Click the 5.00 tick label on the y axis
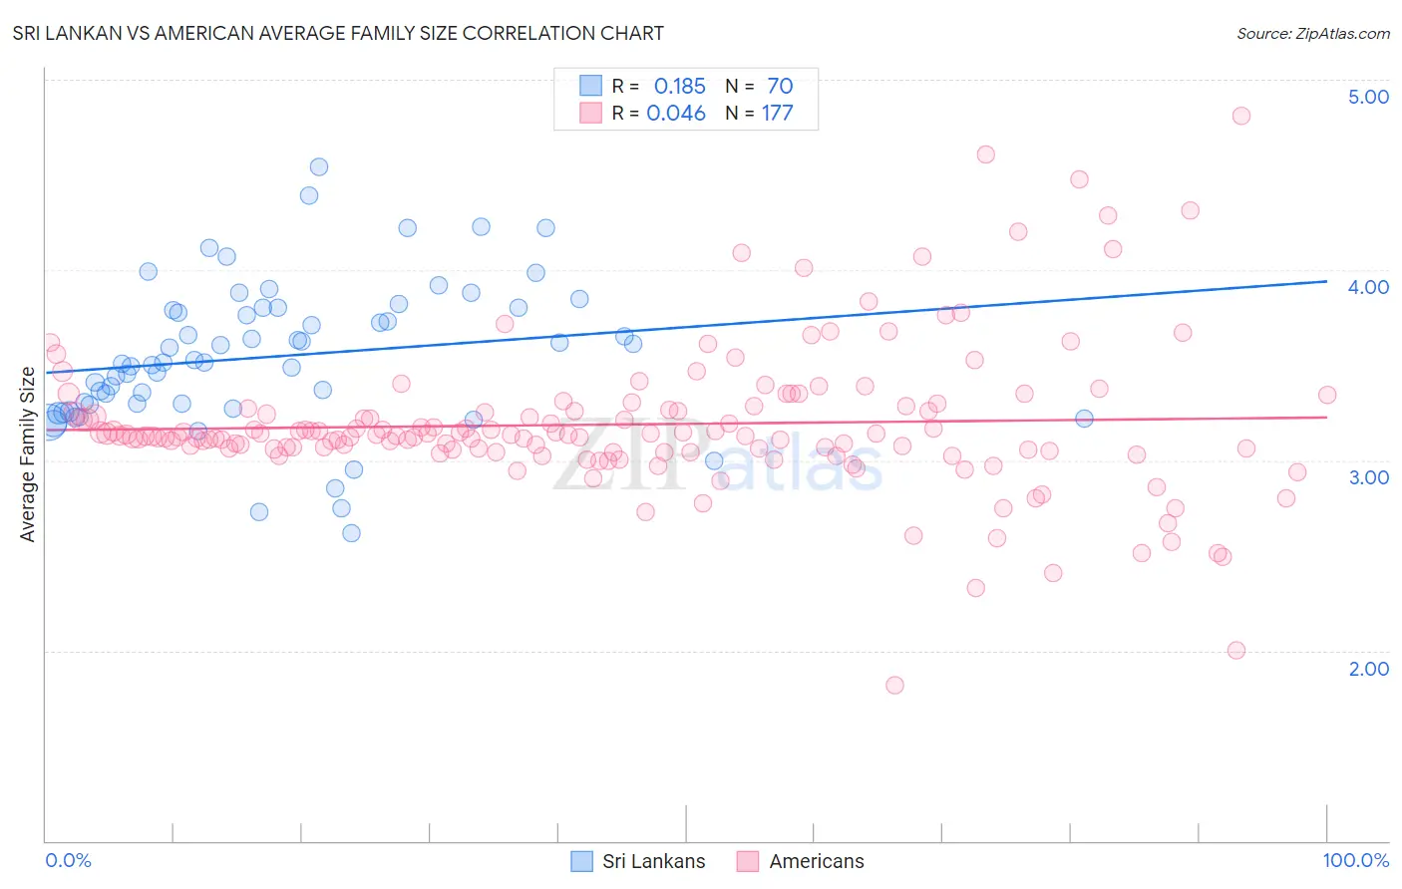1368,97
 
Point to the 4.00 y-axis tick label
1368,287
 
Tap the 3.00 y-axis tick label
1368,477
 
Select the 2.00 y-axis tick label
1368,669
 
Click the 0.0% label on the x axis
68,860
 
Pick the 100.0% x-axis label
1355,860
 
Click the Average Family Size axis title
28,454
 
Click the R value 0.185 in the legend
679,87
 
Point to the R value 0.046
676,114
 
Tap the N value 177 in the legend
777,114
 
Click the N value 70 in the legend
780,87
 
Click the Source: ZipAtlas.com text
1312,34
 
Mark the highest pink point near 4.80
1240,116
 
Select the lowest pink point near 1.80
894,685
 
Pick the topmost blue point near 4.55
319,166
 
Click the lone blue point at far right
1084,419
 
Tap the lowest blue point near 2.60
351,533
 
